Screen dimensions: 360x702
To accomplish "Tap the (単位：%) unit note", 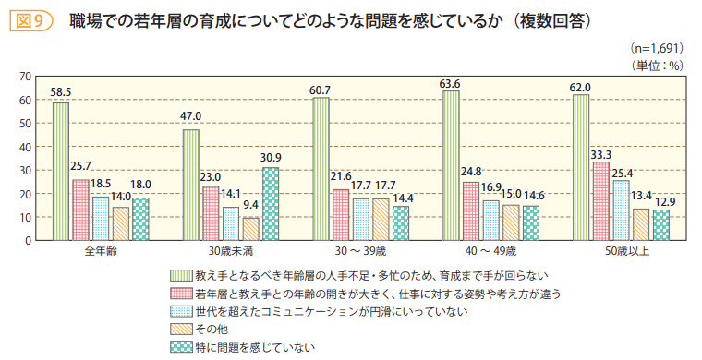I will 657,64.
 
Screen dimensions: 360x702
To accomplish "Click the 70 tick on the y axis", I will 25,76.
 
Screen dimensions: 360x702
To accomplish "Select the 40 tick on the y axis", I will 25,147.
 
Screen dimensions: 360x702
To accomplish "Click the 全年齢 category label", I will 100,252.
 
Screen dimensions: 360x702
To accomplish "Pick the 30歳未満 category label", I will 230,252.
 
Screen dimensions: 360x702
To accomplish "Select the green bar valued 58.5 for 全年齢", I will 61,172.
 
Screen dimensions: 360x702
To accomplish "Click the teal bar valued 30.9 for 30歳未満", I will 270,204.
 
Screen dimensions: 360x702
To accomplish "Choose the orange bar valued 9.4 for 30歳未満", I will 250,229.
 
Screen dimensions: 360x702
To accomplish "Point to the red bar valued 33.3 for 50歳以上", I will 600,201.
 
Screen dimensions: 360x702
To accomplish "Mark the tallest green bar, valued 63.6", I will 451,165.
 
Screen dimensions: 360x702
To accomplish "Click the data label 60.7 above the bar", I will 321,90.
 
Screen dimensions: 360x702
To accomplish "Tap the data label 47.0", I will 190,116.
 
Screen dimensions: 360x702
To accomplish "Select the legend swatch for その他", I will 179,330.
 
